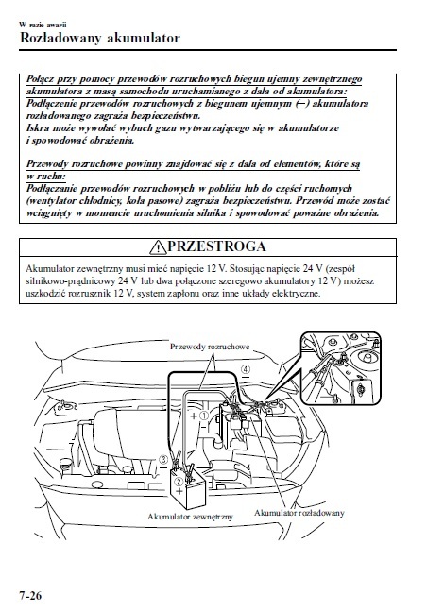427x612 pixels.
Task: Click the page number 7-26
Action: pyautogui.click(x=30, y=596)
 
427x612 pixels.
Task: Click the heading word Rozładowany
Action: pyautogui.click(x=60, y=38)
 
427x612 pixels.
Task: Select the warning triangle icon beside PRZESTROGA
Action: pyautogui.click(x=158, y=246)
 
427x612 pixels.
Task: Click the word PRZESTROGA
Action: pyautogui.click(x=216, y=246)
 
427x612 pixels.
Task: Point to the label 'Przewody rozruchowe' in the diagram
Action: pyautogui.click(x=210, y=347)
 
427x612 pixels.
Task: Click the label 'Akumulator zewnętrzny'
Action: pyautogui.click(x=190, y=517)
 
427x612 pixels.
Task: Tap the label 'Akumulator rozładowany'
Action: pyautogui.click(x=299, y=513)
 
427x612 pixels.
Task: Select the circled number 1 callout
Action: pyautogui.click(x=204, y=416)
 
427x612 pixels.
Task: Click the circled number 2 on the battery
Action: pyautogui.click(x=179, y=482)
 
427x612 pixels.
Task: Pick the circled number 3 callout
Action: pyautogui.click(x=164, y=459)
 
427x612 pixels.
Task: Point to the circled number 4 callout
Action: pyautogui.click(x=245, y=368)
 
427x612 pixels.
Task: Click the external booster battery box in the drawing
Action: pyautogui.click(x=188, y=488)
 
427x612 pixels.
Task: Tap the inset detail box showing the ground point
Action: pyautogui.click(x=340, y=368)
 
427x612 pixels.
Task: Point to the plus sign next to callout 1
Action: pyautogui.click(x=194, y=416)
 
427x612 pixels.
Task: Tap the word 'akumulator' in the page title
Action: pyautogui.click(x=144, y=38)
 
